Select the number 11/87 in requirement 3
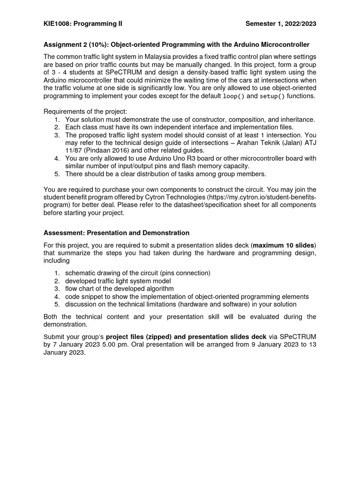(x=73, y=150)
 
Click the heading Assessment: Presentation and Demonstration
(x=116, y=232)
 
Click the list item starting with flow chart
(x=119, y=288)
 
